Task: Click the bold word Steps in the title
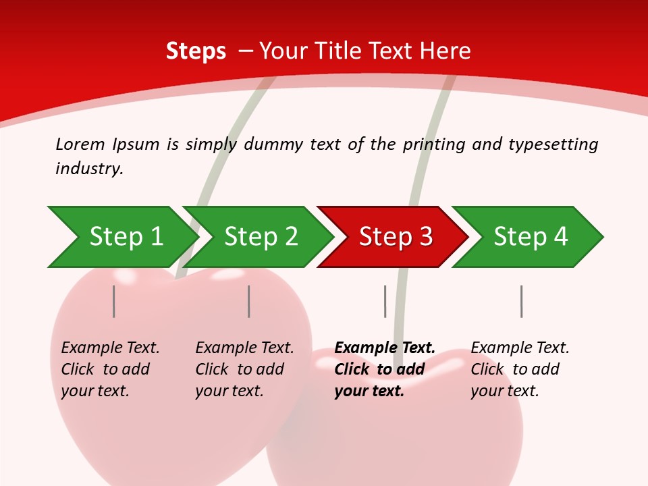tap(196, 51)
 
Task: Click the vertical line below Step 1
tap(114, 301)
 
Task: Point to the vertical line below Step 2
tap(249, 301)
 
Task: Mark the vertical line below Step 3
tap(385, 301)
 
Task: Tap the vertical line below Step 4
tap(521, 301)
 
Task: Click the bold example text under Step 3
tap(384, 369)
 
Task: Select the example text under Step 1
tap(110, 369)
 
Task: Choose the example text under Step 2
tap(244, 369)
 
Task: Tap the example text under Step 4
tap(520, 369)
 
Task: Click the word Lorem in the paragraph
tap(80, 144)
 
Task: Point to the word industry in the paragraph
tap(88, 169)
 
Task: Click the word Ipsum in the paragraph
tap(136, 144)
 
